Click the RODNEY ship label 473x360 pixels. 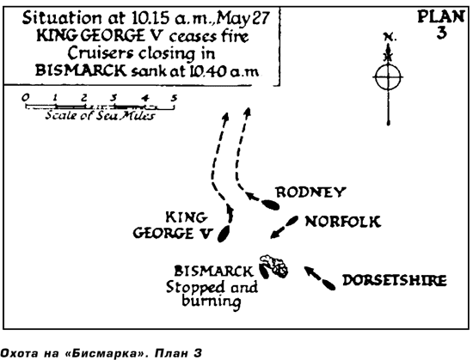[310, 192]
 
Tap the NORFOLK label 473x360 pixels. [342, 222]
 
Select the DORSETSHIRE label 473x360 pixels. [395, 280]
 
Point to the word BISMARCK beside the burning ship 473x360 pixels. [213, 272]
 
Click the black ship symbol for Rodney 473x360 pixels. [270, 204]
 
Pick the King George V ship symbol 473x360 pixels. [224, 234]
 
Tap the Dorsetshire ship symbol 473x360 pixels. [329, 284]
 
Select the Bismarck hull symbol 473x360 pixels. [264, 272]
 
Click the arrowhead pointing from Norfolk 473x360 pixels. [274, 234]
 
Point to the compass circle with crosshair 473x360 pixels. [388, 77]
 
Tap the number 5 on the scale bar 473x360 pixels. [174, 97]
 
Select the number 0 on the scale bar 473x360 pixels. [26, 97]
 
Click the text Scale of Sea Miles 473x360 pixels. [100, 116]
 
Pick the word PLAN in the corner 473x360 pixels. [440, 16]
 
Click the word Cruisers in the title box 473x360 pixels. [100, 53]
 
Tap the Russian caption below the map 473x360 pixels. [101, 353]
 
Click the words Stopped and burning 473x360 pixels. [212, 294]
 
